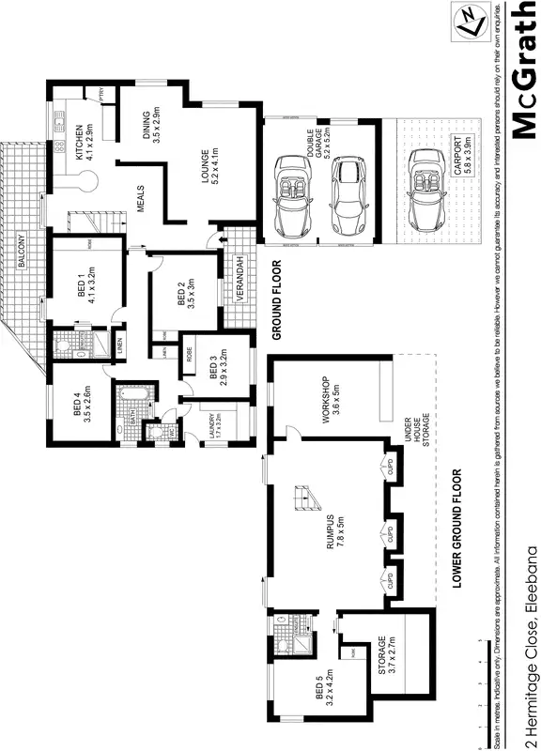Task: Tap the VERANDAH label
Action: (x=240, y=280)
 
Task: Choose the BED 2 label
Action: (x=185, y=294)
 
